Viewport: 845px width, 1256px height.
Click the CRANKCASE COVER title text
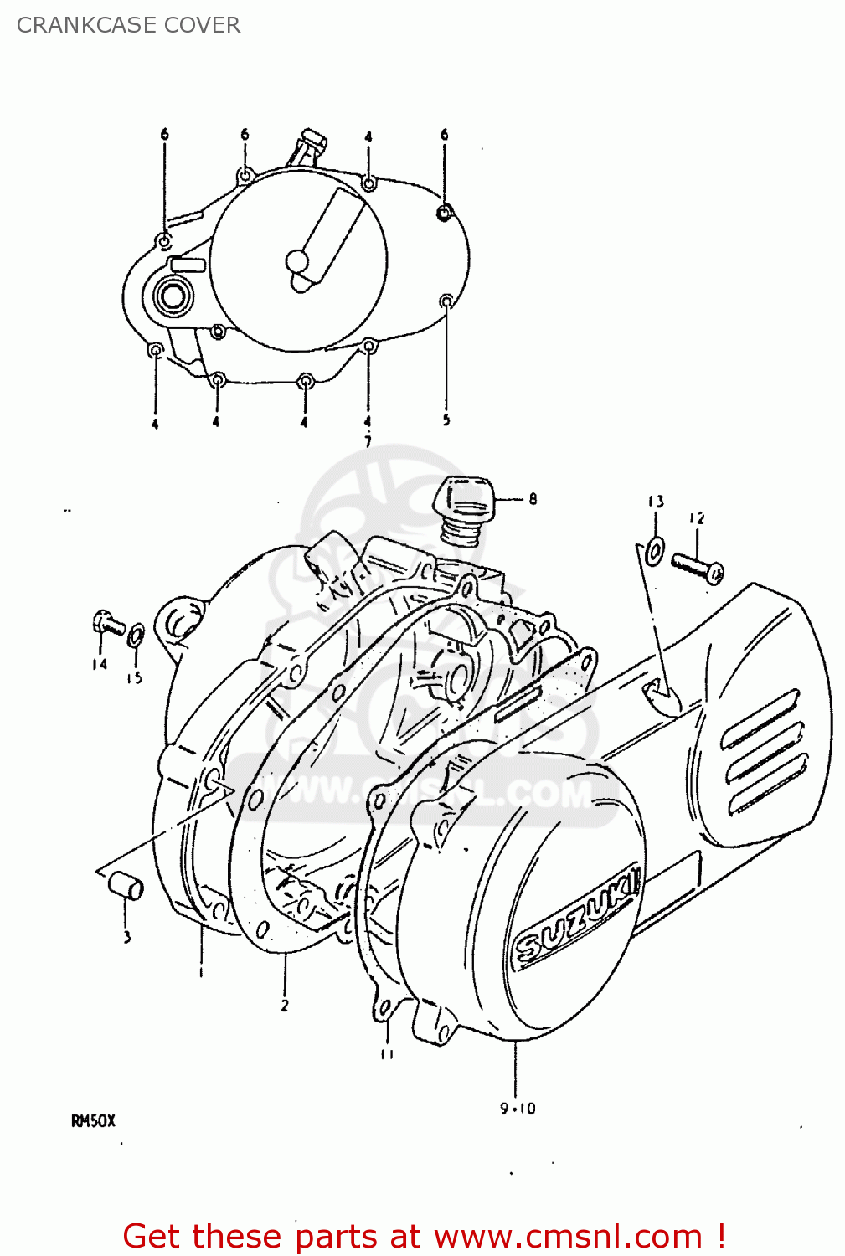click(x=128, y=25)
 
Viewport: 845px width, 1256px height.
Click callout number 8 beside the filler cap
click(x=533, y=500)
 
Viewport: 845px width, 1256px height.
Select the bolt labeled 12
click(x=697, y=567)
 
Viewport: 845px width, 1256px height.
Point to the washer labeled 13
click(x=654, y=550)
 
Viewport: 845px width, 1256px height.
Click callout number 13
click(x=655, y=502)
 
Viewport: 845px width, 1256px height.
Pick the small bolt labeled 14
click(x=108, y=624)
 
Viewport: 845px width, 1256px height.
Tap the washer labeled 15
click(x=137, y=636)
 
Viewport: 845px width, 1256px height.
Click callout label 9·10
click(x=518, y=1109)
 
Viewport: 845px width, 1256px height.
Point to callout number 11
click(x=386, y=1055)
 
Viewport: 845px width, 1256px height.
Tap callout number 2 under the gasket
click(x=285, y=1005)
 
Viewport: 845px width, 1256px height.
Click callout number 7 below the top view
click(x=367, y=441)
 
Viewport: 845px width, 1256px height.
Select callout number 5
click(x=446, y=420)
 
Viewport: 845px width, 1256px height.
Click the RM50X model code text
click(x=92, y=1121)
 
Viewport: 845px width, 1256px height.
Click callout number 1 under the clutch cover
click(x=201, y=972)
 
